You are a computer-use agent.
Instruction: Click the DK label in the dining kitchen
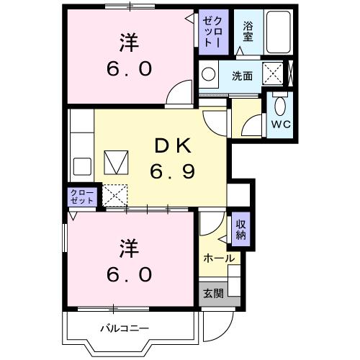[171, 146]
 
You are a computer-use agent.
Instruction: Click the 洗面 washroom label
[241, 76]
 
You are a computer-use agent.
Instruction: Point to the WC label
[279, 123]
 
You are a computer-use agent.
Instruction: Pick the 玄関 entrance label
[212, 293]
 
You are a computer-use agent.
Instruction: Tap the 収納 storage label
[240, 230]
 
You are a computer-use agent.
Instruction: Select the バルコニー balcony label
[123, 329]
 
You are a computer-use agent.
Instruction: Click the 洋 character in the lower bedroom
[128, 247]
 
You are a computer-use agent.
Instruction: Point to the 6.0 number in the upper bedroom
[128, 69]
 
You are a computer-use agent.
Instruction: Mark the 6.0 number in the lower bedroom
[128, 274]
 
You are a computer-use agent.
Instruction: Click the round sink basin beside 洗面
[210, 74]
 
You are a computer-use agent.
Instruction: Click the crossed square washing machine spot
[273, 73]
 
